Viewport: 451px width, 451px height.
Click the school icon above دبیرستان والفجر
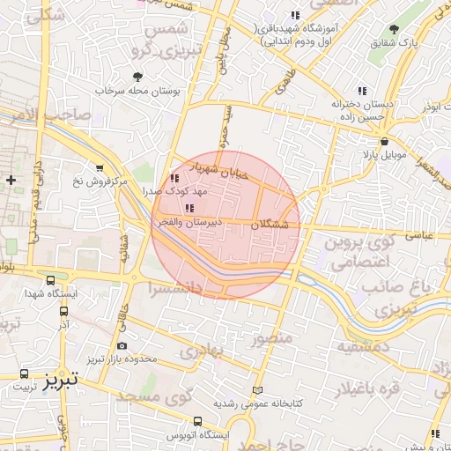pos(189,209)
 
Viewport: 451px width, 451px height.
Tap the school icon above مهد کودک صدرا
pos(173,178)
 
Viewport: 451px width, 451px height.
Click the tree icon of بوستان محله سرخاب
pos(137,77)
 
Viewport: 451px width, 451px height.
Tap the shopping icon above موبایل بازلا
pos(383,142)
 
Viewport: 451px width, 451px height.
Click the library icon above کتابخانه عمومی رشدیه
pos(257,389)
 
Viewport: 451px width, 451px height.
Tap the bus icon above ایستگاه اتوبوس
pos(197,421)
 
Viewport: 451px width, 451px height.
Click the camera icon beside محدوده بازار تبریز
pos(122,345)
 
